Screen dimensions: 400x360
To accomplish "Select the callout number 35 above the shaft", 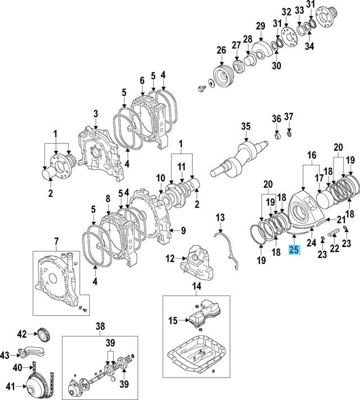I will pyautogui.click(x=245, y=126).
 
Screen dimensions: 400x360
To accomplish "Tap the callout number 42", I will pyautogui.click(x=21, y=334).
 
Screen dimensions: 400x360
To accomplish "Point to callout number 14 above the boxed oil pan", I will pyautogui.click(x=196, y=286).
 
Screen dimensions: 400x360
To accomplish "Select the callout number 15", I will pyautogui.click(x=172, y=321).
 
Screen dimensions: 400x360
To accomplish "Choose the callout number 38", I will pyautogui.click(x=100, y=326).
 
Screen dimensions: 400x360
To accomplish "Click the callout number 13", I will pyautogui.click(x=220, y=217).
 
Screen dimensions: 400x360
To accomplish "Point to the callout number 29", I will pyautogui.click(x=260, y=26).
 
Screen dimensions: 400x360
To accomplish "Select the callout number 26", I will pyautogui.click(x=220, y=49).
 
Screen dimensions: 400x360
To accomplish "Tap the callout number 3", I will pyautogui.click(x=96, y=114).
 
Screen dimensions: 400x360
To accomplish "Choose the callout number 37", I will pyautogui.click(x=289, y=116).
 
